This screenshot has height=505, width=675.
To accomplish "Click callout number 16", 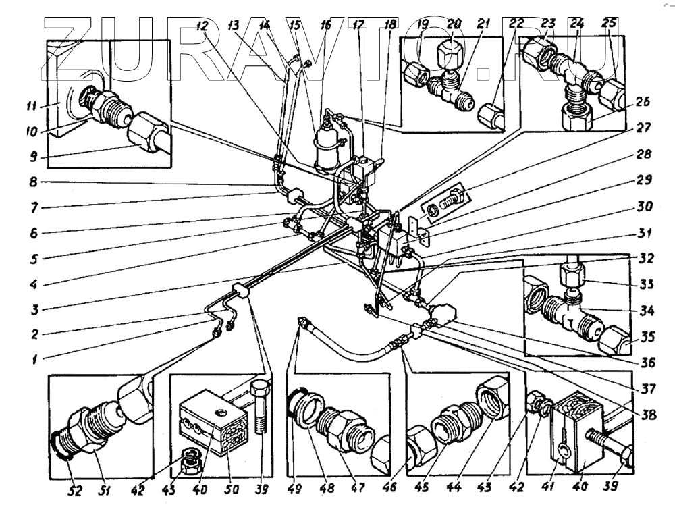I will click(326, 25).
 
